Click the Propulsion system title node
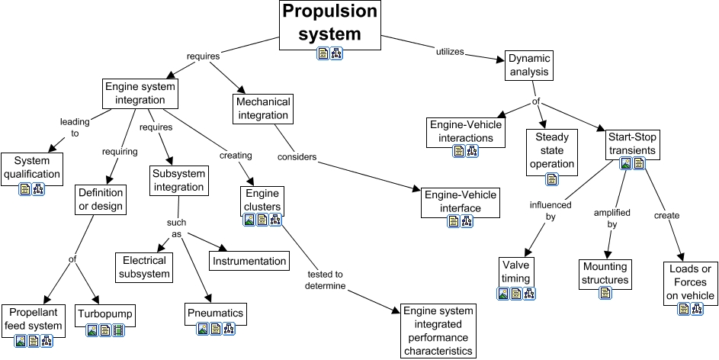click(330, 23)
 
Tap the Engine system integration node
click(141, 94)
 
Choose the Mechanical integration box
click(262, 109)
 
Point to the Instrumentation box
click(249, 261)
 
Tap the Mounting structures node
click(605, 273)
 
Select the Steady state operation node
click(551, 149)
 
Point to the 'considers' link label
click(297, 157)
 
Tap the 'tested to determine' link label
click(327, 280)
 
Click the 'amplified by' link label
click(611, 218)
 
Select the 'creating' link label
click(236, 155)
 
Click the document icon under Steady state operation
click(551, 180)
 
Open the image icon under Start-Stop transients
click(626, 163)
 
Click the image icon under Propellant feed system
click(21, 341)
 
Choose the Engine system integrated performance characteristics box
click(438, 331)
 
